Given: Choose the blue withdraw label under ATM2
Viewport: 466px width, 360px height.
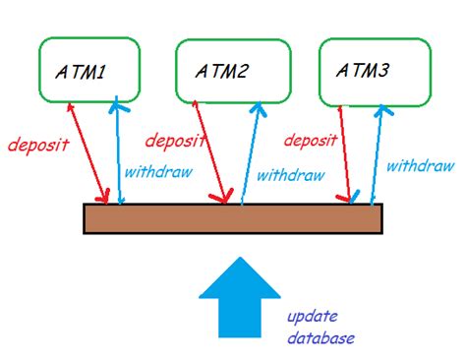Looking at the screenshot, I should point(290,176).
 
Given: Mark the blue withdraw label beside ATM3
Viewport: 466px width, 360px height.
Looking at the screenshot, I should point(420,166).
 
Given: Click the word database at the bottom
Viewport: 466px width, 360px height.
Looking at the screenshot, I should point(320,338).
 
